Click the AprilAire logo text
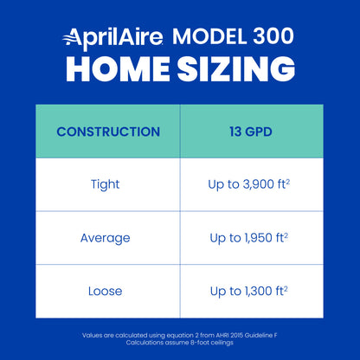tap(120, 38)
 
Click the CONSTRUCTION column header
tap(108, 132)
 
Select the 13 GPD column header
tap(251, 132)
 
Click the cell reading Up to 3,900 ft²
tap(251, 184)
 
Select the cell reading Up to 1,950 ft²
tap(251, 237)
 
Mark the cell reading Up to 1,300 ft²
tap(251, 290)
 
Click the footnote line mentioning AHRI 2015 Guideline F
tap(180, 334)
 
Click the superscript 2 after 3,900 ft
tap(288, 181)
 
